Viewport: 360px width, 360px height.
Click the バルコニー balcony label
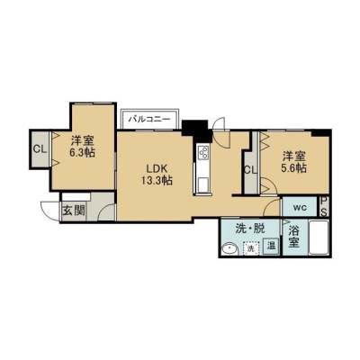click(149, 119)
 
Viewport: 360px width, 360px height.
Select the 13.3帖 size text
click(157, 180)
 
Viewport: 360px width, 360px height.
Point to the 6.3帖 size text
click(82, 153)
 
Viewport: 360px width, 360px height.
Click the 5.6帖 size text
click(293, 168)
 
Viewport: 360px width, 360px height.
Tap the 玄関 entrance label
click(73, 211)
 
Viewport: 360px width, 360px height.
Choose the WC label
click(300, 208)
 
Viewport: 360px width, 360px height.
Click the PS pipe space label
click(324, 206)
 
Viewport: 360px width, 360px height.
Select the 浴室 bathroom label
click(294, 237)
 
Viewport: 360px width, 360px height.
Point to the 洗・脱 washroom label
click(250, 229)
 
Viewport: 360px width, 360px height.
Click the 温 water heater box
click(271, 246)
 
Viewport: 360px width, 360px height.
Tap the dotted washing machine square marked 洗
click(251, 248)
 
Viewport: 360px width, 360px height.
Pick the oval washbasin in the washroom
click(229, 248)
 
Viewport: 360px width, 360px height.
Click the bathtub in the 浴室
click(319, 237)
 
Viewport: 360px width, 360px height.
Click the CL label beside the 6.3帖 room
click(40, 149)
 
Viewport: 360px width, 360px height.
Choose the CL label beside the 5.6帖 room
click(250, 170)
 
